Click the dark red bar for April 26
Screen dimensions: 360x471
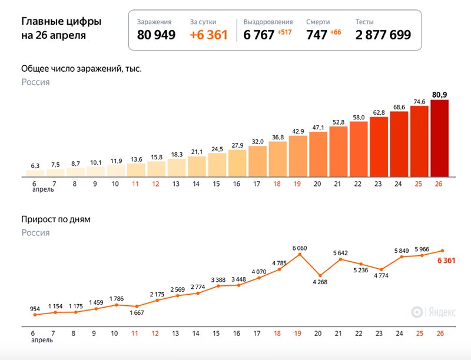pos(440,138)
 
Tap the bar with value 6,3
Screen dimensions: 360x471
pos(35,173)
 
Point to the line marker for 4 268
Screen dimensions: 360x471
pos(320,275)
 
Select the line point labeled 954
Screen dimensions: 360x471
pos(35,315)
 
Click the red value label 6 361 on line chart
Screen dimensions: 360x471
pos(446,261)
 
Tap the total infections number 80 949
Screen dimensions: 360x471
pos(156,35)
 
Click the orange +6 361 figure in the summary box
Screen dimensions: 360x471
pos(208,35)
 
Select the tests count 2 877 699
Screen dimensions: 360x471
pos(383,35)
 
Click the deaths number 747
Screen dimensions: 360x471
pos(316,35)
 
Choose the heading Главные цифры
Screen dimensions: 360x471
pos(61,22)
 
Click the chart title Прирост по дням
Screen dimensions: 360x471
pos(56,219)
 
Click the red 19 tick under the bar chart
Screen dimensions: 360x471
pos(297,184)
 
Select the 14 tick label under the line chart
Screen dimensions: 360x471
pos(196,334)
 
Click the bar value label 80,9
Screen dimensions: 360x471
pos(440,94)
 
